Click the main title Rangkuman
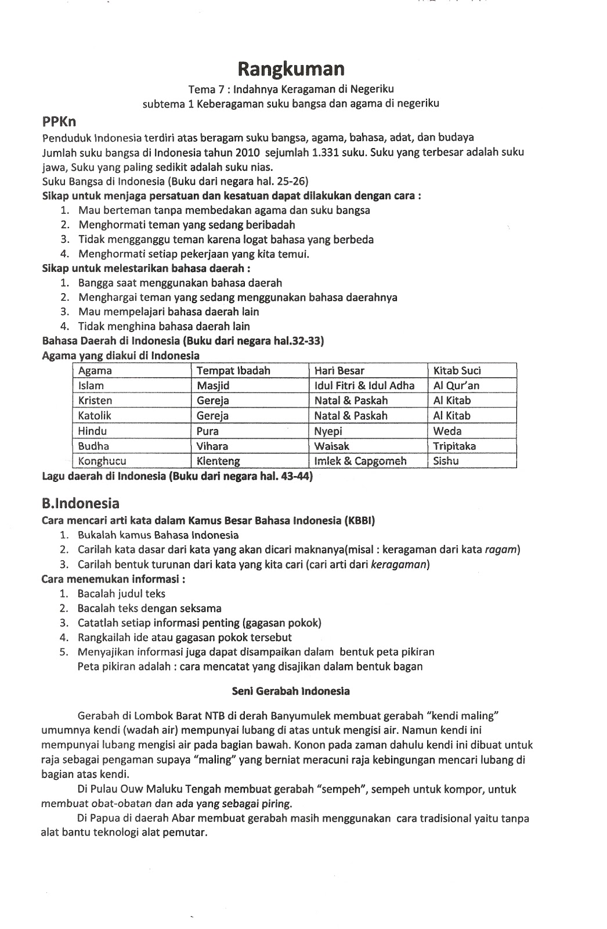click(291, 69)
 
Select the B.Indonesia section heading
click(81, 503)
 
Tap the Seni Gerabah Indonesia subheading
click(290, 691)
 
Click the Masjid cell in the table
click(213, 386)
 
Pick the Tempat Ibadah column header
click(233, 370)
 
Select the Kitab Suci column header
click(457, 370)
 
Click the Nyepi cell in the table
click(328, 431)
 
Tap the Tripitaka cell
click(454, 446)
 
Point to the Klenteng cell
click(218, 461)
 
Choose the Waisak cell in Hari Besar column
click(331, 446)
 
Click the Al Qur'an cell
click(456, 386)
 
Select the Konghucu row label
click(102, 461)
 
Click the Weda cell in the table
click(447, 431)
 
